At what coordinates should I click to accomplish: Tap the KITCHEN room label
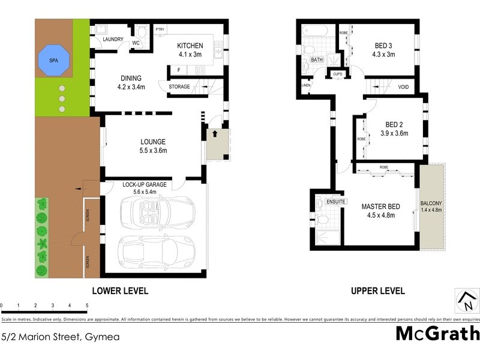pos(190,46)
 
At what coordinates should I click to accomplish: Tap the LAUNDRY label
pos(113,40)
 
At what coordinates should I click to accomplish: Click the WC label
pos(136,43)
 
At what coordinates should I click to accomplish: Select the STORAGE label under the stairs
pos(179,87)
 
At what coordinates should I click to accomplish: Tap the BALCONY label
pos(431,203)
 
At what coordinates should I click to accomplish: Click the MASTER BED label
pos(380,207)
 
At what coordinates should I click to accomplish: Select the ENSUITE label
pos(335,202)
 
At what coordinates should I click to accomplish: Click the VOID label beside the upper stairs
pos(403,87)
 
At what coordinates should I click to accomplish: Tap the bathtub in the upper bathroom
pos(314,29)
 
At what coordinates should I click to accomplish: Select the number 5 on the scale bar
pos(88,306)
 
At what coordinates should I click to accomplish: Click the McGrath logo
pos(437,333)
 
